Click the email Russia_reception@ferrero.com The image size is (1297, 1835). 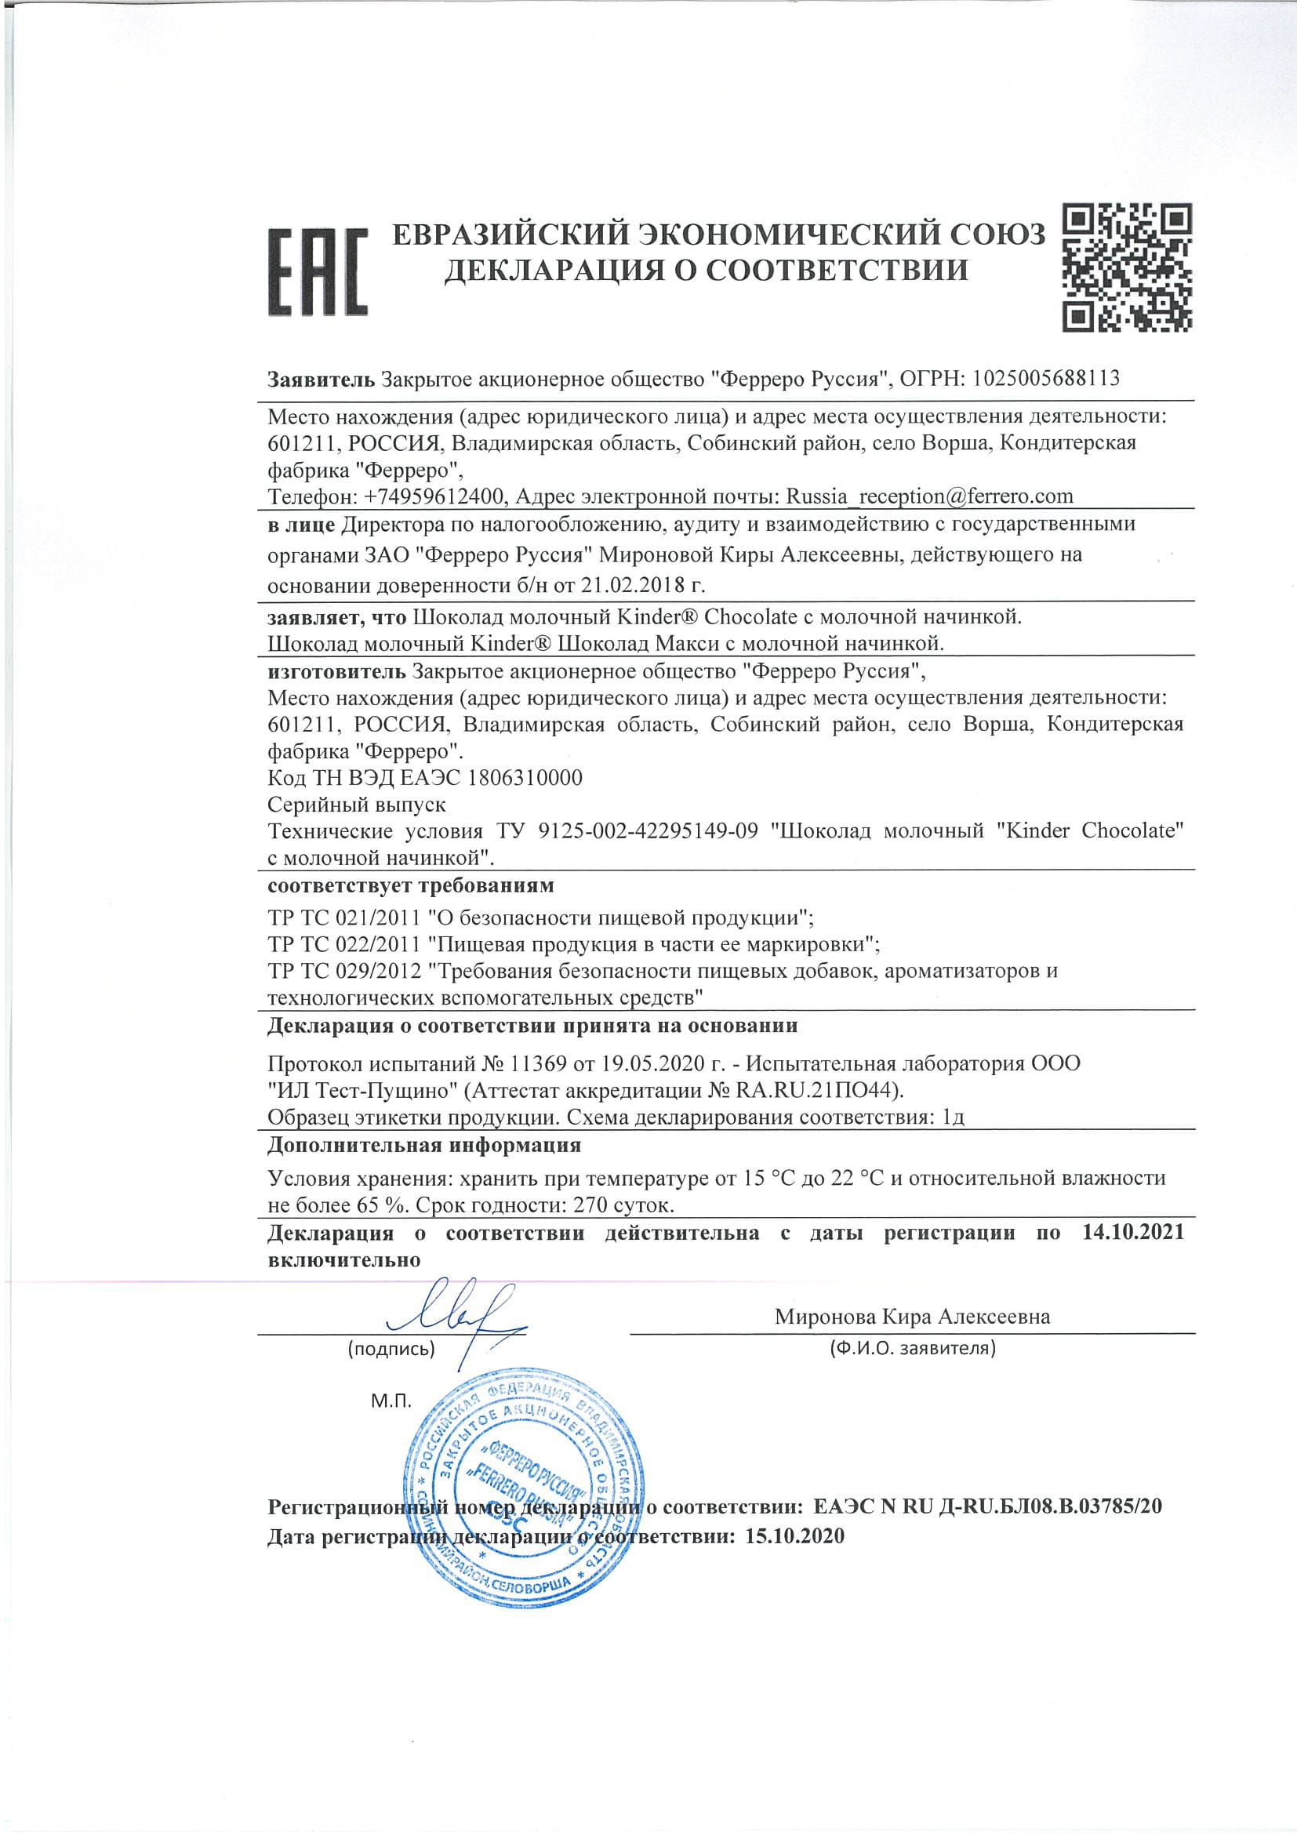929,496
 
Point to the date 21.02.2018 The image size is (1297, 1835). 634,584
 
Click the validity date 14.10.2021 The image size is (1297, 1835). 1132,1233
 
